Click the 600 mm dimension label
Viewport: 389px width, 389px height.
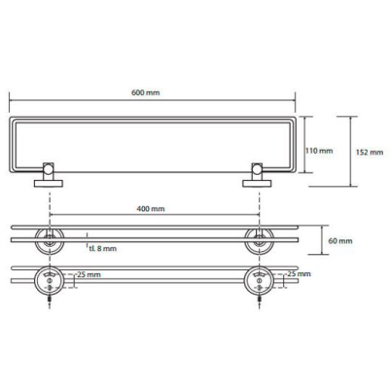(x=146, y=92)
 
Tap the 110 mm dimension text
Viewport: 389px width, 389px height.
(x=320, y=151)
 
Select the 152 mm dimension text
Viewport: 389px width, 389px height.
(x=370, y=152)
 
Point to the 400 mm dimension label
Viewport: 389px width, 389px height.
(x=151, y=209)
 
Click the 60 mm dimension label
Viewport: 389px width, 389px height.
(x=339, y=241)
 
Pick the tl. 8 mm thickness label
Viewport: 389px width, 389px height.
(x=102, y=249)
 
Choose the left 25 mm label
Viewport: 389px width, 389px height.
(x=89, y=275)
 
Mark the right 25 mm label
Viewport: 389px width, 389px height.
(x=299, y=274)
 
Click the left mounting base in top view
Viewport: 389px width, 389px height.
(x=49, y=184)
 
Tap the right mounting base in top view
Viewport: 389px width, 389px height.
(x=257, y=184)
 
